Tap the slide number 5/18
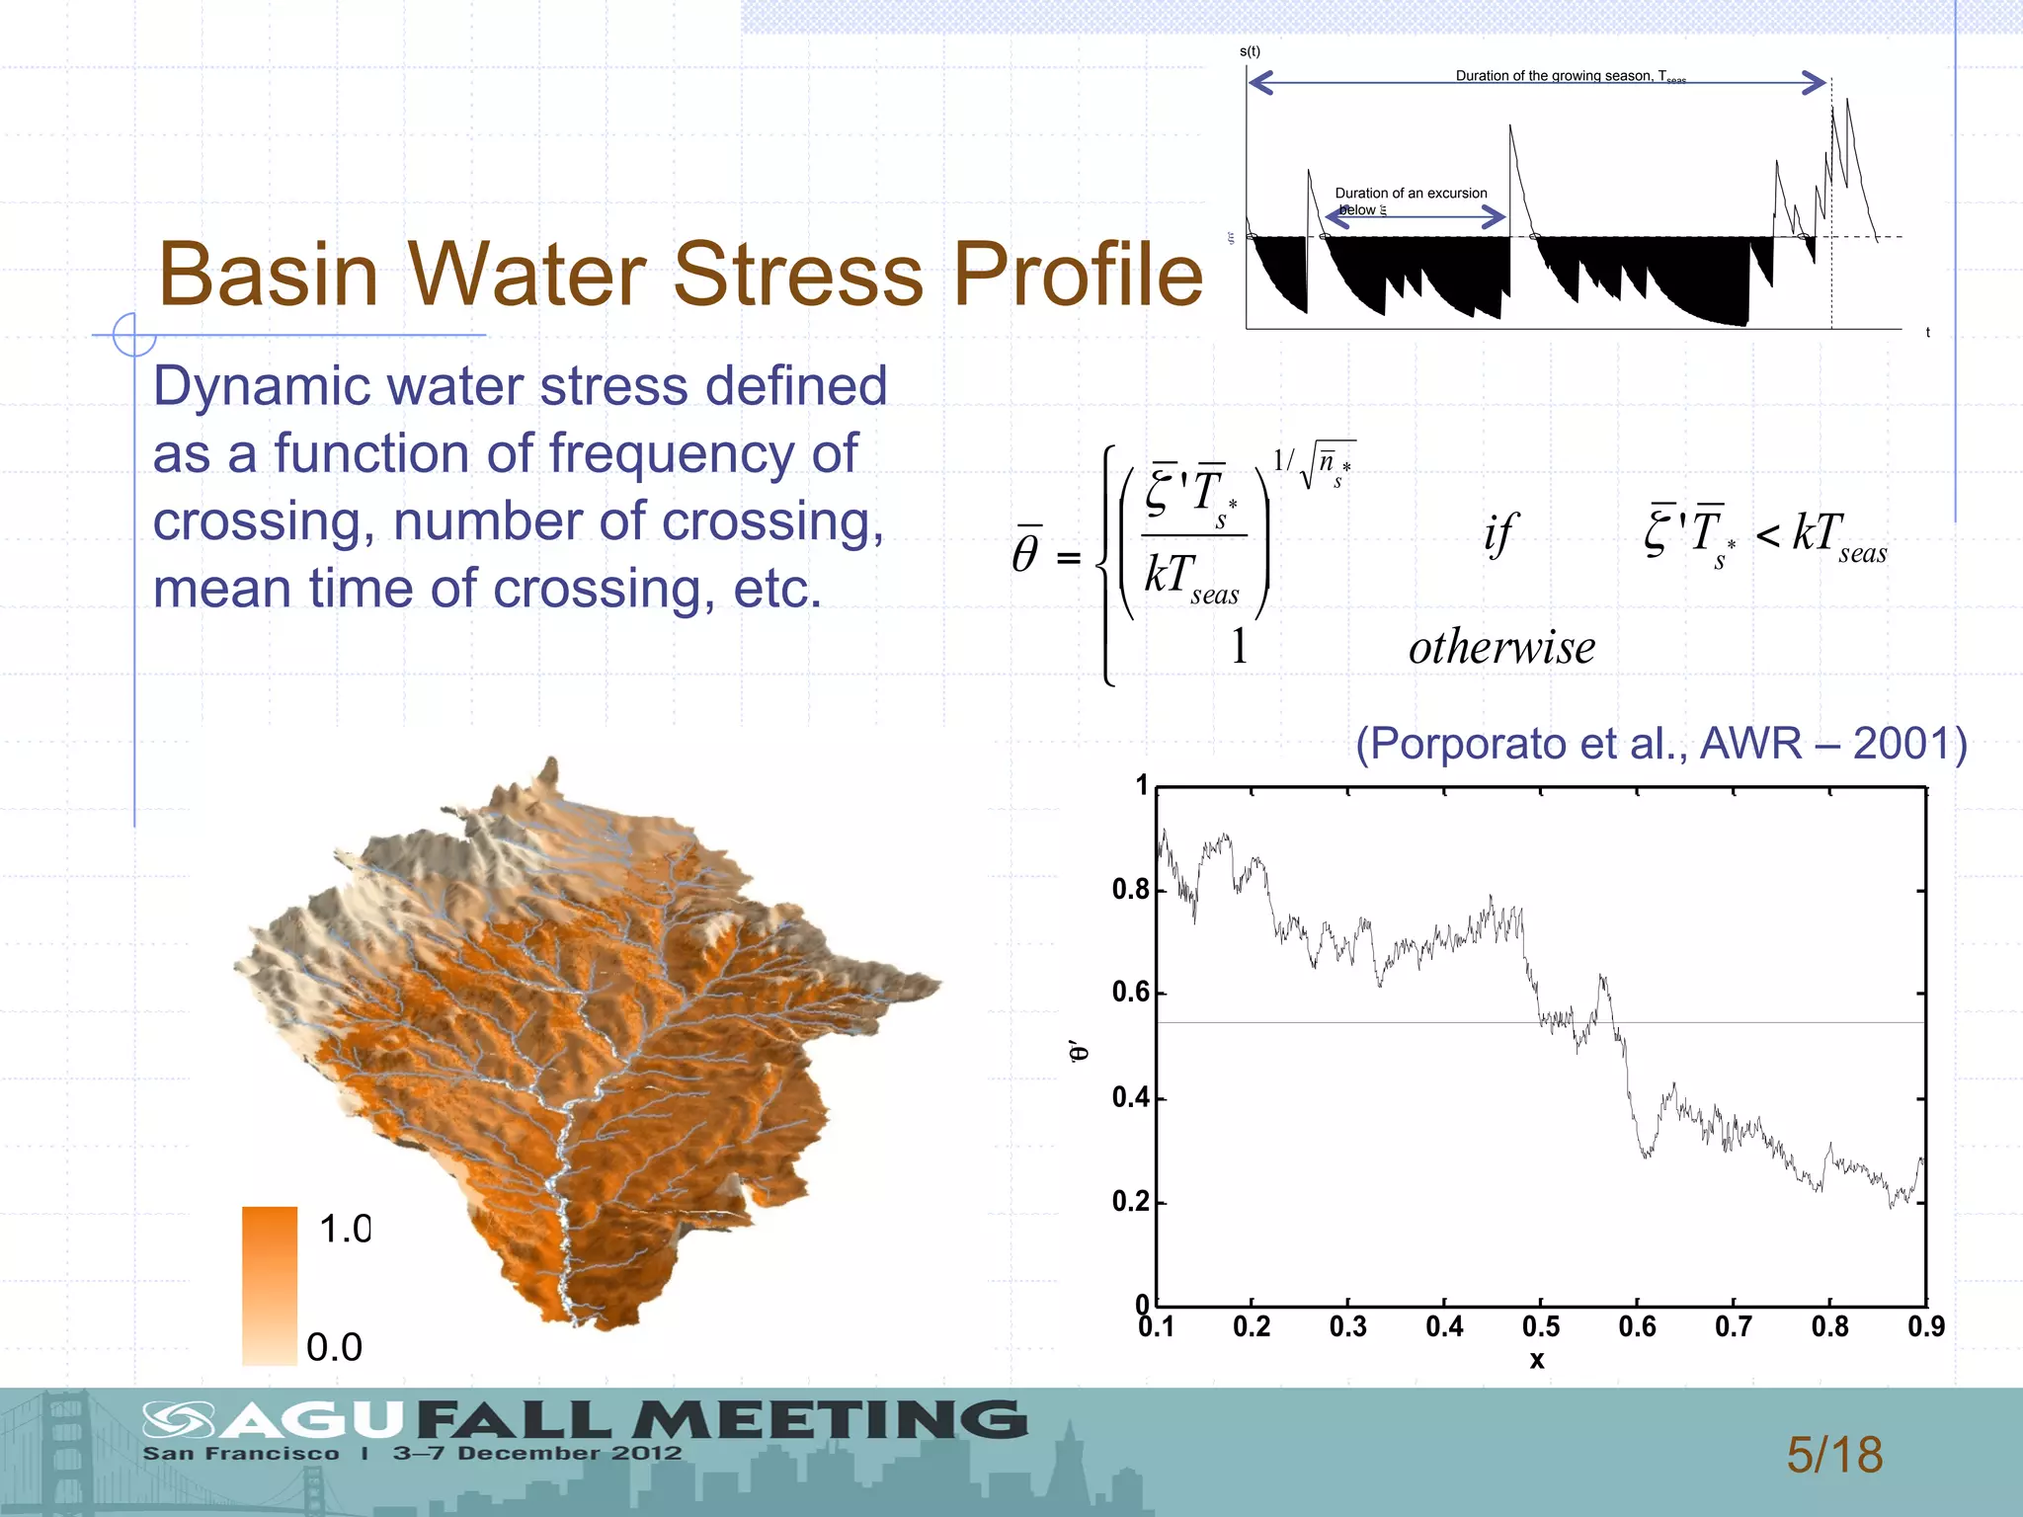(x=1834, y=1455)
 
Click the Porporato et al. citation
(x=1660, y=744)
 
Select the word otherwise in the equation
(x=1501, y=648)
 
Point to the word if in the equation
(x=1498, y=534)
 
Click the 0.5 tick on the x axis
(x=1540, y=1326)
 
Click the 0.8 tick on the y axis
(x=1130, y=890)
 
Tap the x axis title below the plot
(x=1537, y=1360)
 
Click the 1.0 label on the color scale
(x=344, y=1229)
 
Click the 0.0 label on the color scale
(x=334, y=1347)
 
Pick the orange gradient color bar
(x=270, y=1284)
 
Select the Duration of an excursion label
(x=1410, y=194)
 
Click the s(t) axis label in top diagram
(x=1250, y=51)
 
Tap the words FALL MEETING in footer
(x=721, y=1420)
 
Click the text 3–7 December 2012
(x=537, y=1453)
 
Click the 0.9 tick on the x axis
(x=1925, y=1326)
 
